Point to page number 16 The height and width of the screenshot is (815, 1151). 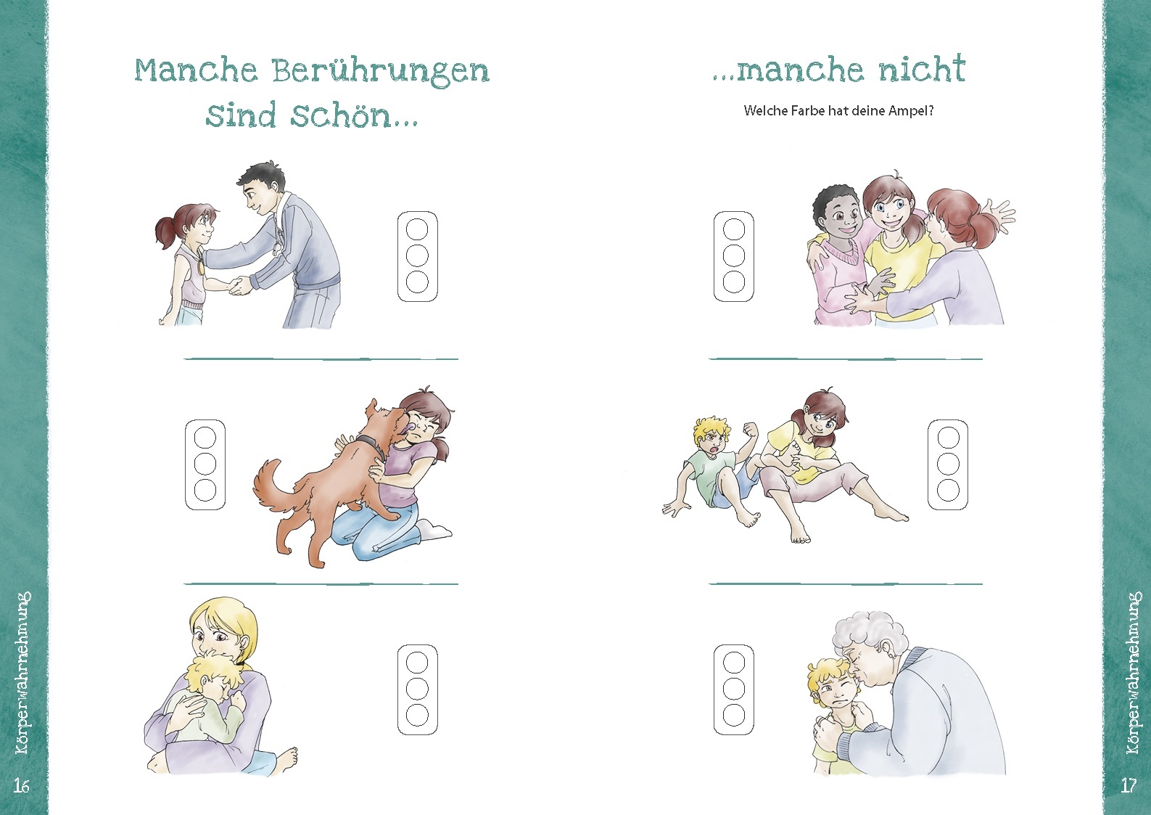click(x=21, y=785)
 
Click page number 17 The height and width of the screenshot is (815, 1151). click(x=1129, y=785)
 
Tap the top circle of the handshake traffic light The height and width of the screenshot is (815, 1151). click(x=417, y=230)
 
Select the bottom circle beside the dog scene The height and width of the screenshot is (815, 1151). click(x=205, y=490)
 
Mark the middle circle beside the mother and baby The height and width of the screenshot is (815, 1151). click(x=417, y=688)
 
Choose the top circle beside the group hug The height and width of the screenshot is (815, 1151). click(x=734, y=230)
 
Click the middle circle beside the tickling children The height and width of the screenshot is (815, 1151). click(x=948, y=464)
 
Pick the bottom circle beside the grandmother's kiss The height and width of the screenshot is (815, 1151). click(x=734, y=715)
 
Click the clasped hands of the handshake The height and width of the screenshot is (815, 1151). click(x=237, y=287)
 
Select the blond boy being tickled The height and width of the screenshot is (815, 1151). click(x=714, y=464)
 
